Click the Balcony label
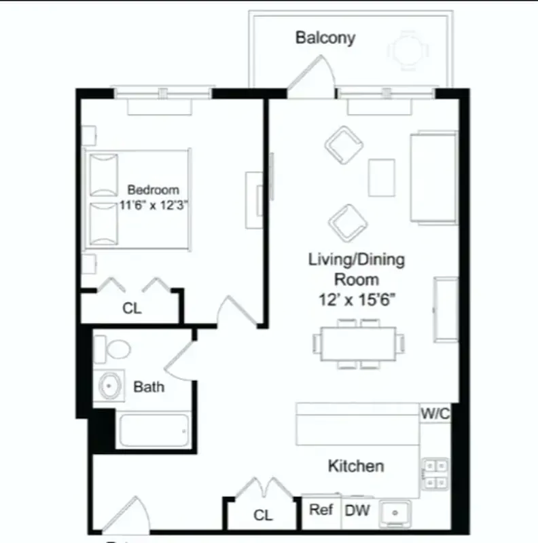click(325, 37)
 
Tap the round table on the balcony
click(408, 50)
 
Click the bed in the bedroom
click(136, 199)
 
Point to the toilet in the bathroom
click(113, 349)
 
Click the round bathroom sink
click(109, 386)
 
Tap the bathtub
click(153, 430)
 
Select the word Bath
click(148, 387)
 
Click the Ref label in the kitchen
click(321, 509)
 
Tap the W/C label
click(435, 413)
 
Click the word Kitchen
click(356, 466)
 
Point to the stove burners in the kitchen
click(435, 474)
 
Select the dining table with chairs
click(358, 343)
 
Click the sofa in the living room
click(433, 177)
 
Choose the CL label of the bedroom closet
click(132, 308)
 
